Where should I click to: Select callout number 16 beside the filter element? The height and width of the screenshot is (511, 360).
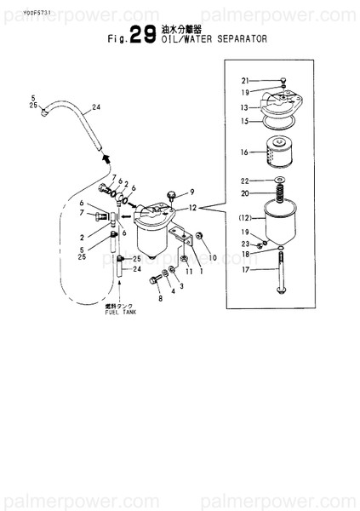[x=243, y=152]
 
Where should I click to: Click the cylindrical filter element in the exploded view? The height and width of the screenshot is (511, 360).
[x=279, y=153]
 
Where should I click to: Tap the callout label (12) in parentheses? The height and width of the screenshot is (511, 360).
[x=243, y=218]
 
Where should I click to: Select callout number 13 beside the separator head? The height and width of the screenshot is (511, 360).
[x=243, y=108]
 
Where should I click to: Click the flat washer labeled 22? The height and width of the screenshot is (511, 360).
[x=279, y=181]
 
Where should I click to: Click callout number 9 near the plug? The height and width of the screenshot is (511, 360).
[x=191, y=192]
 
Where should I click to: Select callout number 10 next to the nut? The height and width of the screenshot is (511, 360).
[x=213, y=257]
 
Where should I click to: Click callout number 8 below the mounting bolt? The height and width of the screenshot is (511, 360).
[x=158, y=299]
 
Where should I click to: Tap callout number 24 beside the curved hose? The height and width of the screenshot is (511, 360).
[x=96, y=108]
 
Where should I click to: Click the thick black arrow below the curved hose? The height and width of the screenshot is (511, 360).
[x=106, y=158]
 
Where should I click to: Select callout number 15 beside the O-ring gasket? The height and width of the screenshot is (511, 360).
[x=243, y=122]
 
